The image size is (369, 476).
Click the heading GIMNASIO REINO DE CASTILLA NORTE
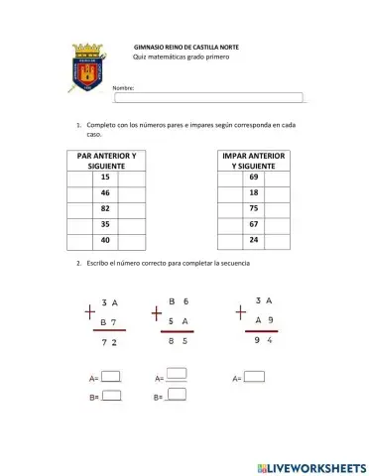click(x=185, y=47)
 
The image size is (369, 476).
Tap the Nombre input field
click(x=207, y=97)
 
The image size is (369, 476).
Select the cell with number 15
click(x=105, y=178)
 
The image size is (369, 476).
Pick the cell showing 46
click(x=105, y=193)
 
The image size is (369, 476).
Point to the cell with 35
click(x=105, y=225)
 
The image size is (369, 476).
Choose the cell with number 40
click(x=105, y=241)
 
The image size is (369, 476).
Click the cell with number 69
click(x=254, y=178)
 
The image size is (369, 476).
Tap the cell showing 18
click(x=254, y=193)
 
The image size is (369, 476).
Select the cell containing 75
click(x=254, y=209)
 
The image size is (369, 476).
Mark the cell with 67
click(x=254, y=225)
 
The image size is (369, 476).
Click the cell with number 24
click(x=254, y=241)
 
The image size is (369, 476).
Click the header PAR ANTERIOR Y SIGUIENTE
click(x=105, y=161)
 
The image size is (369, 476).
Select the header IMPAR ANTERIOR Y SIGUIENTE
click(x=254, y=161)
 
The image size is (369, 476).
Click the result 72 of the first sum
click(x=110, y=342)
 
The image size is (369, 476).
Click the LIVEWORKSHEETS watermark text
click(x=309, y=465)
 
